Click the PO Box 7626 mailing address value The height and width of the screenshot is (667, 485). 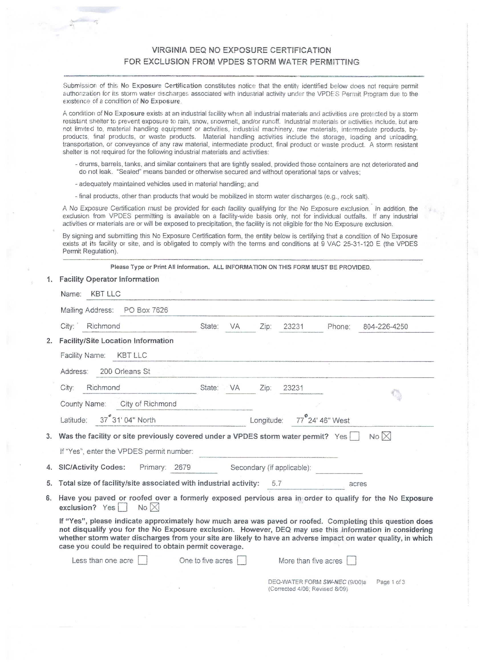[x=146, y=310]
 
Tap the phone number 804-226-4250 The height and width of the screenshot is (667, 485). [x=385, y=326]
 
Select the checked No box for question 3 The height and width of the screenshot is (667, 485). [x=386, y=436]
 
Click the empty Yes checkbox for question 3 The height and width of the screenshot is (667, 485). [x=354, y=436]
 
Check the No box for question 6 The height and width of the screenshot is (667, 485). [x=155, y=507]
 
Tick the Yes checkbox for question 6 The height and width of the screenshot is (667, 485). [x=122, y=507]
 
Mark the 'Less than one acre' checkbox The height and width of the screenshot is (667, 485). [x=143, y=561]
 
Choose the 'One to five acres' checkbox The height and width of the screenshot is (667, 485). [x=242, y=561]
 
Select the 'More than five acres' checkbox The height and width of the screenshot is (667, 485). [x=351, y=561]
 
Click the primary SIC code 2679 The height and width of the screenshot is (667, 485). [x=182, y=467]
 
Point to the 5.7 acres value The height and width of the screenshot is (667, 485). [x=277, y=483]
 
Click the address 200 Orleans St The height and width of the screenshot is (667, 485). [x=125, y=371]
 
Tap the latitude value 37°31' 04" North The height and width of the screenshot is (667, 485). [x=128, y=420]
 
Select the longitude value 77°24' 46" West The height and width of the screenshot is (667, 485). [x=323, y=420]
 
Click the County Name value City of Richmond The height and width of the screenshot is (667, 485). [x=148, y=404]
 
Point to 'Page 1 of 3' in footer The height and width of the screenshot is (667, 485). [x=390, y=582]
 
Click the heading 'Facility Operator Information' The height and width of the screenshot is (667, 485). [x=109, y=279]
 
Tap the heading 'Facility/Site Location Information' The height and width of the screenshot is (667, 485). [x=116, y=341]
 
